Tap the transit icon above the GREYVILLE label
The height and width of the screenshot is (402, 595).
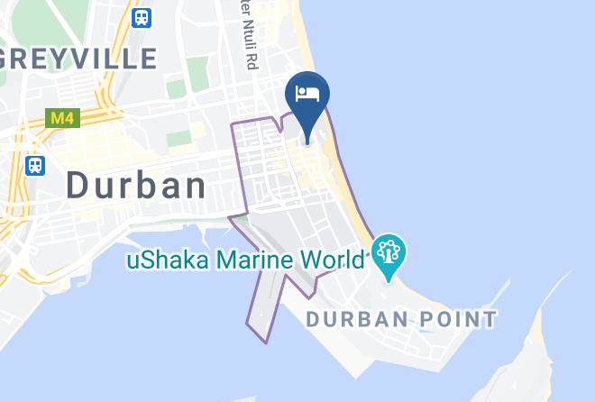142,17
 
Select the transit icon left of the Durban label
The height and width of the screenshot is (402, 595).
35,166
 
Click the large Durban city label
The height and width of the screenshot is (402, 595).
136,186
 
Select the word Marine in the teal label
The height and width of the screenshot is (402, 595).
249,260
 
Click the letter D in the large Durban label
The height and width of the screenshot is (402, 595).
78,186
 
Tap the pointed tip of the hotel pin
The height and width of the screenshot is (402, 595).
307,142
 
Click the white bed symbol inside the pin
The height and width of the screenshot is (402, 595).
307,93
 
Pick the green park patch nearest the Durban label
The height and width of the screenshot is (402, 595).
179,138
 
